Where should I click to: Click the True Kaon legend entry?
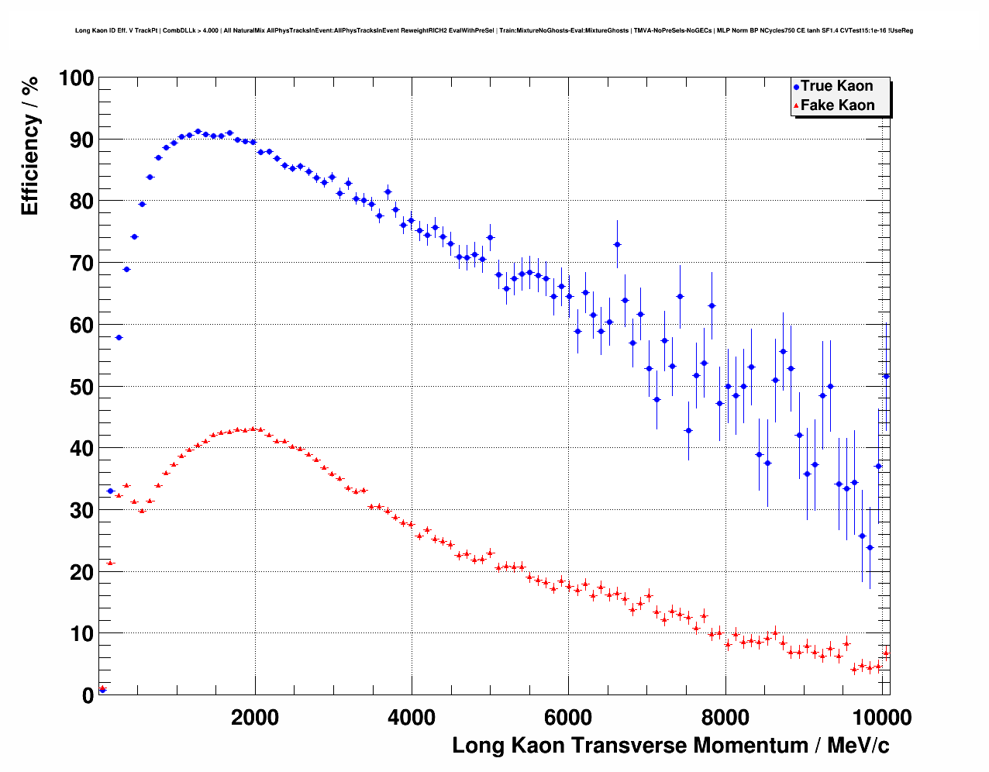click(836, 86)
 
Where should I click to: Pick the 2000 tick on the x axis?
click(255, 718)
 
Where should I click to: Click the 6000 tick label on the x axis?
click(568, 718)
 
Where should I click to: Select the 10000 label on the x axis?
click(881, 718)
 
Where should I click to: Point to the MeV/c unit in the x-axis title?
click(858, 746)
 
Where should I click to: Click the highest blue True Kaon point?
click(198, 132)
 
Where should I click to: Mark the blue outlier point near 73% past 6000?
click(617, 244)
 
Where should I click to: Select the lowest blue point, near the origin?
click(102, 689)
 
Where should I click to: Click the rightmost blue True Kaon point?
click(886, 376)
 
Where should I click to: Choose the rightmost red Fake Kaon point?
click(886, 653)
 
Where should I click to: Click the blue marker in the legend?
click(796, 88)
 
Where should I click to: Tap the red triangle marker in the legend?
click(796, 106)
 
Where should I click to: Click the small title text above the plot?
click(494, 31)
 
